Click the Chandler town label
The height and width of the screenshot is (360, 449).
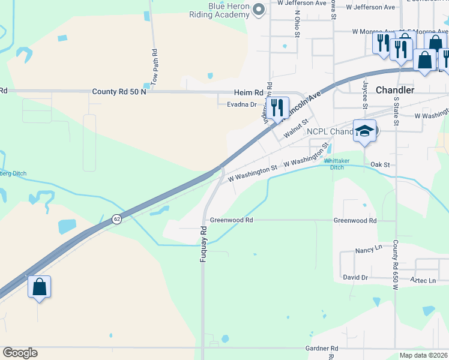394,89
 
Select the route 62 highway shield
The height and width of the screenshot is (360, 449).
116,220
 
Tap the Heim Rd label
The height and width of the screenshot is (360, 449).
249,93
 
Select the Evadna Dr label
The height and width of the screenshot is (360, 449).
242,104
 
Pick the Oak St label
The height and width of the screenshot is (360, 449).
380,164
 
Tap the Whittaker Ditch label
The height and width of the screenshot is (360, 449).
334,164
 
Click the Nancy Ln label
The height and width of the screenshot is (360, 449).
369,248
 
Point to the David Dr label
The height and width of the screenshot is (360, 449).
355,277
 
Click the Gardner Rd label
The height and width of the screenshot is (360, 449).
322,348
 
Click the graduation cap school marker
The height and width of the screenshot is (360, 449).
364,130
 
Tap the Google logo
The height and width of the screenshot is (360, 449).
20,353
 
